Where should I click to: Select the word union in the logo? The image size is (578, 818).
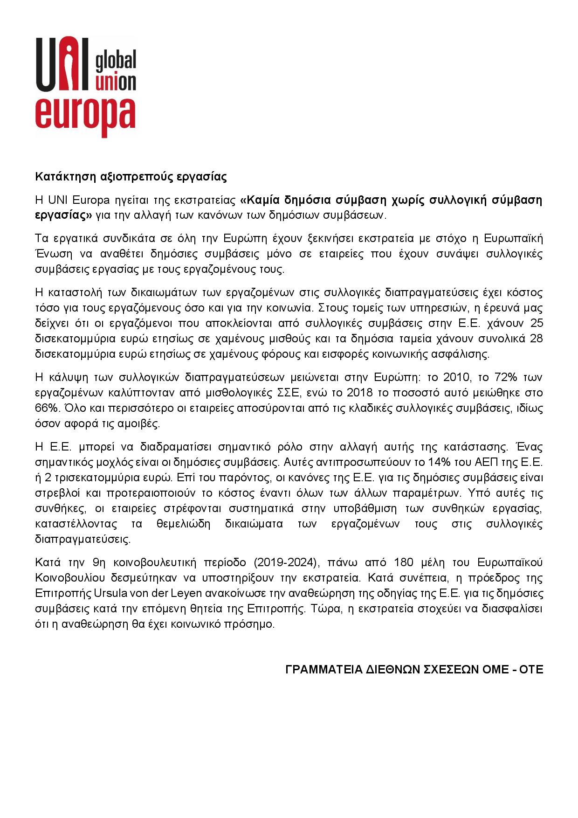115,82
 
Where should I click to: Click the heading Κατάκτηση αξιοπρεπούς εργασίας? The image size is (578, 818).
131,177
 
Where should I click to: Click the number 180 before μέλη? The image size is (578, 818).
404,562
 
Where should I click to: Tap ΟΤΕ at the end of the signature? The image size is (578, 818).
531,670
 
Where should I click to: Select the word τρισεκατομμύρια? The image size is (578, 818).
96,478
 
